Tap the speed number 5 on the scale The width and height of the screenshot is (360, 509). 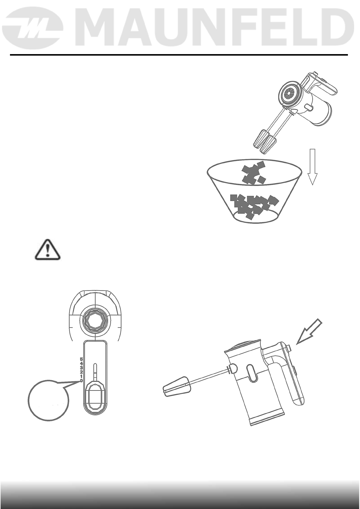click(81, 359)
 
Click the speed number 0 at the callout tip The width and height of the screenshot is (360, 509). click(81, 381)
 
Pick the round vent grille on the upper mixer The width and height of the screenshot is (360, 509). click(288, 94)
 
